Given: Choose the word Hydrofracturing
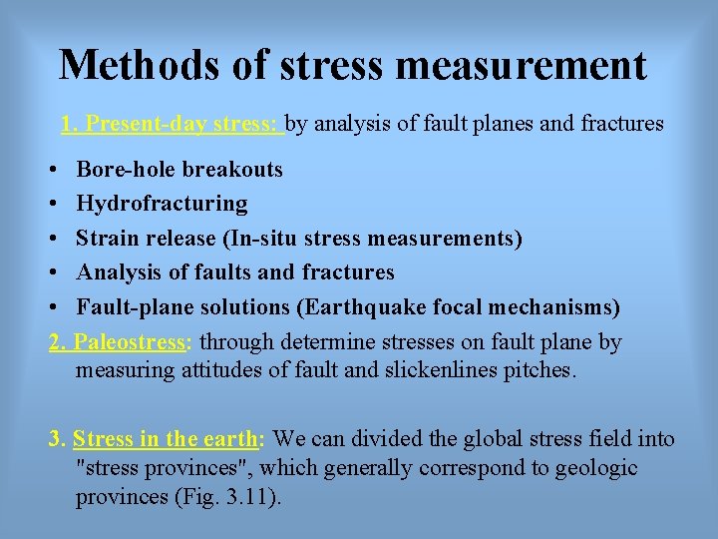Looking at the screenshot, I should click(x=162, y=204).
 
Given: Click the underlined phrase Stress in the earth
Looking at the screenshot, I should click(x=165, y=438).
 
